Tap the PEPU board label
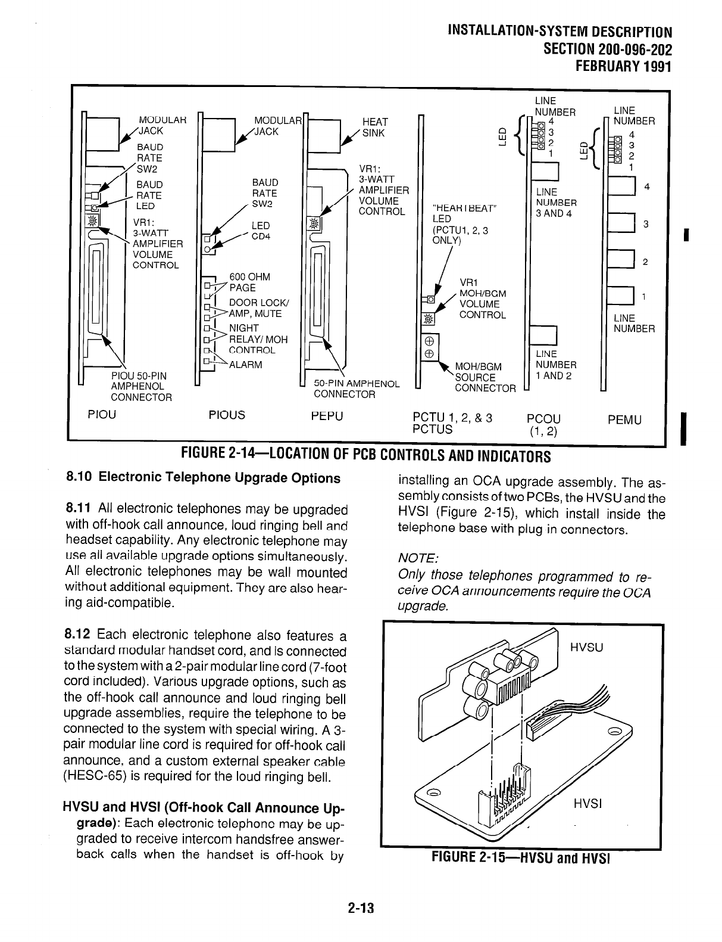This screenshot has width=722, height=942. pos(327,415)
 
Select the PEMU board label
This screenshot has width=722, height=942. pos(624,419)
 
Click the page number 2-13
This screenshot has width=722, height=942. pos(361,908)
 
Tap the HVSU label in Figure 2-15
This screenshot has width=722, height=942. pos(587,646)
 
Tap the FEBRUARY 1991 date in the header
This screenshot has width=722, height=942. pos(621,65)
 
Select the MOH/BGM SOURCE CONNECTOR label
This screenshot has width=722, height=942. pos(483,377)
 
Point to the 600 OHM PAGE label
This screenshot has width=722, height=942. pos(249,282)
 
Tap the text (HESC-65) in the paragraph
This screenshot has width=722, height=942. pos(98,776)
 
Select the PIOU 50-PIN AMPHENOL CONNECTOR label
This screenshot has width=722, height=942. pos(142,386)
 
